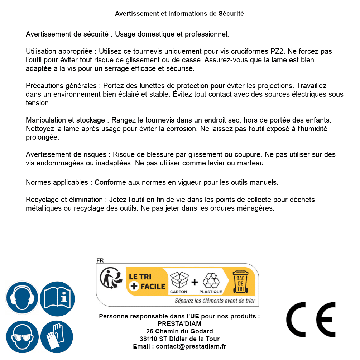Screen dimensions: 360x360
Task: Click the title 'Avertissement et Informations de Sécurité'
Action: click(179, 14)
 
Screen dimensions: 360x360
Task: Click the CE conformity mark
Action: click(311, 320)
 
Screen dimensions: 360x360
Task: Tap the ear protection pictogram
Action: click(22, 298)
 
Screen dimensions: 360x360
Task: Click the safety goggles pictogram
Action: click(22, 337)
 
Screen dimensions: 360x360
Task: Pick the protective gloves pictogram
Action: click(57, 337)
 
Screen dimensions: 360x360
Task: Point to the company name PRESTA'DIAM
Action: click(179, 324)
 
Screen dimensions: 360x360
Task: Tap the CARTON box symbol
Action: click(179, 281)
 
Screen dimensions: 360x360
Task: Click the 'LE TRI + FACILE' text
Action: click(147, 282)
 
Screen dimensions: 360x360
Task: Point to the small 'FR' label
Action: click(100, 260)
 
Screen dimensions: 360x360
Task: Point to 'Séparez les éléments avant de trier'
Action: click(215, 301)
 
